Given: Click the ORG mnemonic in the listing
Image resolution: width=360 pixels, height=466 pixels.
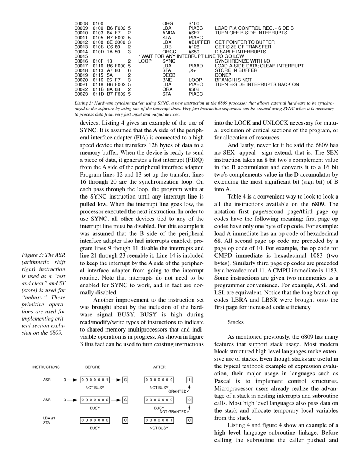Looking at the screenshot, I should pos(167,23).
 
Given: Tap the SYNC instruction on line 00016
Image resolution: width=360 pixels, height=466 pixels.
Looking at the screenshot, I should pos(169,61).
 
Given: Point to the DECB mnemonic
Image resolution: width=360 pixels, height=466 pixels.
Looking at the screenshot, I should pos(169,75).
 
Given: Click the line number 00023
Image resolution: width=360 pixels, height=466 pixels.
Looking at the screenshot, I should pos(81,94).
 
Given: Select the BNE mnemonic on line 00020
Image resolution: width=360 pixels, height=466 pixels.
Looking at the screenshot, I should pos(167,80).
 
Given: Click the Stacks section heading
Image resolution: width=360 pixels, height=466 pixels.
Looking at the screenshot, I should pos(235,322).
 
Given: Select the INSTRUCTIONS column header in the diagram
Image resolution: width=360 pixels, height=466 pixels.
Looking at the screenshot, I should pos(46,367).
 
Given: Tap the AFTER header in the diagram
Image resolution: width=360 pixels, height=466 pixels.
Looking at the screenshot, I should pos(159,367).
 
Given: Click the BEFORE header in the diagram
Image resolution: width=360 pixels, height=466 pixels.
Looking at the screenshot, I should pos(93,367).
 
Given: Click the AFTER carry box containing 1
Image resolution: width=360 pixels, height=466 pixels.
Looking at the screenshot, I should pos(189,380).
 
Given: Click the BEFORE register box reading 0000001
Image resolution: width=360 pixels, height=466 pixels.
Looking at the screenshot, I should pos(95,380).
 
